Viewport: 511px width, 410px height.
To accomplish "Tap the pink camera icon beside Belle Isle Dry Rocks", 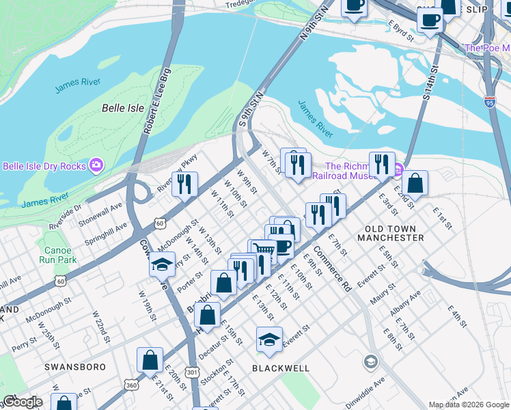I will (97, 165).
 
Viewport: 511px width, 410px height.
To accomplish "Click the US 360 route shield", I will (130, 385).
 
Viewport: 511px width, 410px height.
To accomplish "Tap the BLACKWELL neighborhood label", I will (281, 368).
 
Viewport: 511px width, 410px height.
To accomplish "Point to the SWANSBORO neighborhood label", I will (75, 367).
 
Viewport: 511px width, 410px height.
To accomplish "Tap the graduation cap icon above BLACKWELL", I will (270, 340).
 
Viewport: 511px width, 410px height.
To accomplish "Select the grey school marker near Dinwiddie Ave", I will (371, 361).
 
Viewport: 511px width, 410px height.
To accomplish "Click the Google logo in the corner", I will (23, 402).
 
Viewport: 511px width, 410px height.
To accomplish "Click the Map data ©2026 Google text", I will (469, 405).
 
